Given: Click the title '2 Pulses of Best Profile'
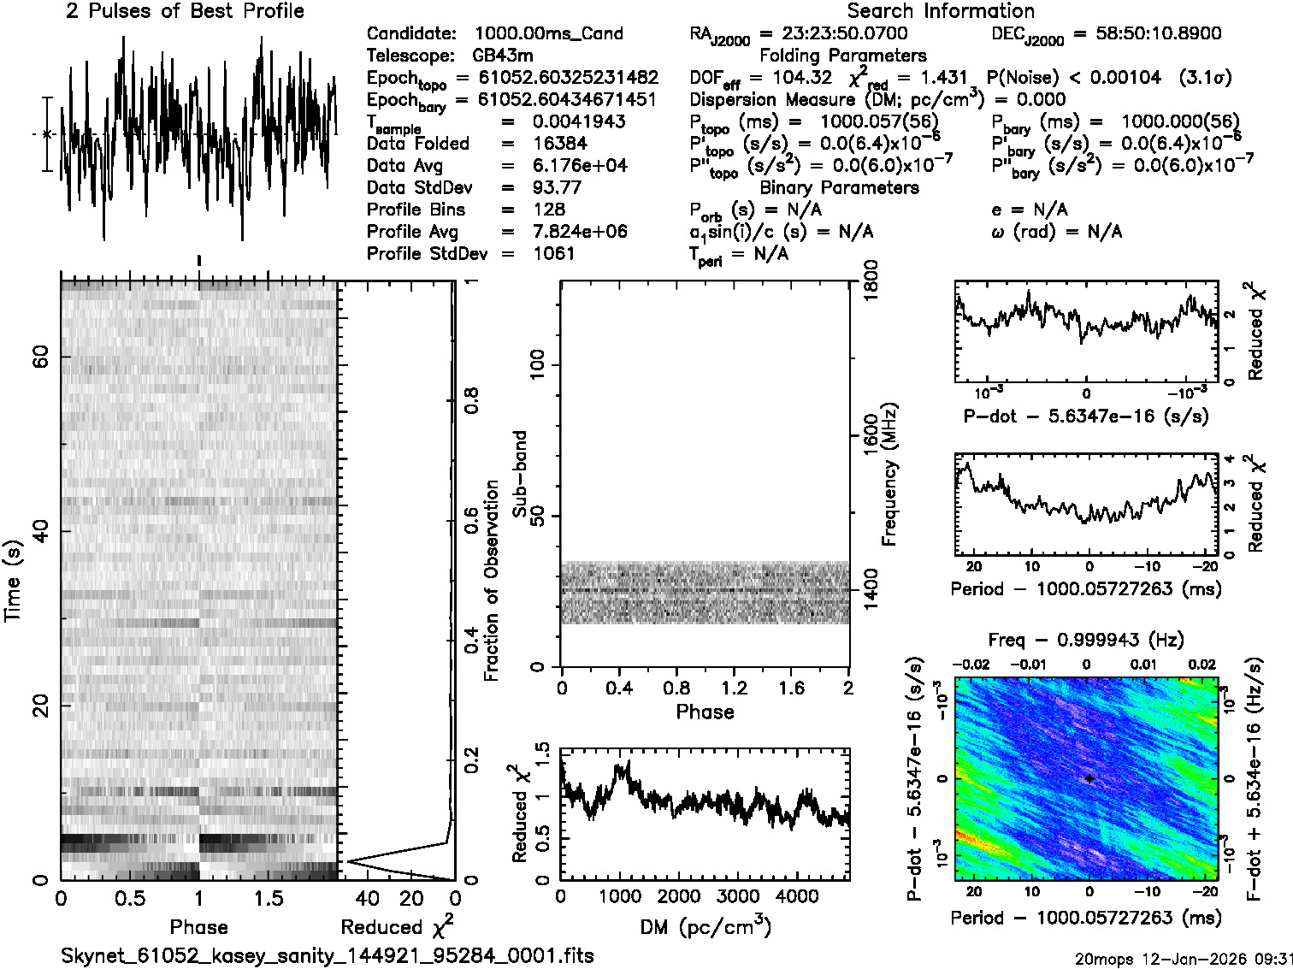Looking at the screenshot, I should (x=185, y=11).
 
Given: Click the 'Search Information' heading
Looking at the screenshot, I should (x=941, y=11).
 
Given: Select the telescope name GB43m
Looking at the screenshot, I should (x=503, y=56).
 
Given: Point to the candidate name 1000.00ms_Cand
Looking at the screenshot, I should (x=548, y=33).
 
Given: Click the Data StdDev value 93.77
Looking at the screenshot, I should (x=557, y=187).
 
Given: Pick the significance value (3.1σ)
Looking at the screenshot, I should (x=1206, y=78).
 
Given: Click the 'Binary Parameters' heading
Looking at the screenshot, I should (x=839, y=187).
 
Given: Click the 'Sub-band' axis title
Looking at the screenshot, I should (x=519, y=473).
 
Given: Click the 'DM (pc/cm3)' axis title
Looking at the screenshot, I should (x=705, y=926).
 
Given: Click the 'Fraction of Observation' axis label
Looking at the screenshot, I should (x=491, y=581).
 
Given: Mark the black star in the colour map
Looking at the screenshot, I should (x=1089, y=779).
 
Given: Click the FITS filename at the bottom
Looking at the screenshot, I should (x=327, y=955).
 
